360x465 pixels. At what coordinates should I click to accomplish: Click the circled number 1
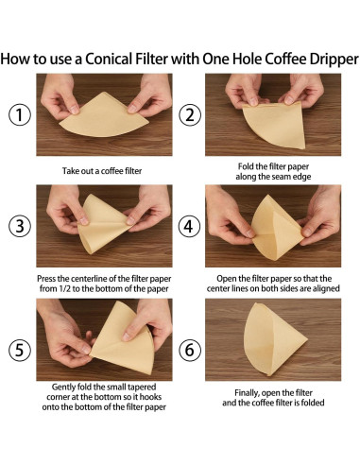tap(20, 114)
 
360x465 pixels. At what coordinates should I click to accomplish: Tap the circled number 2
tap(190, 114)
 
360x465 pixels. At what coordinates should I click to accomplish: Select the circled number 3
tap(20, 226)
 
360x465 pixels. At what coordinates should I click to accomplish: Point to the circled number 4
tap(190, 226)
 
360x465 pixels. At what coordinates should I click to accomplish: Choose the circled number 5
tap(20, 350)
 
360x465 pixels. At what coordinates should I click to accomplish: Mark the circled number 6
tap(190, 350)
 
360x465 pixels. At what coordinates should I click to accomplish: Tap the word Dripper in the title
tap(334, 60)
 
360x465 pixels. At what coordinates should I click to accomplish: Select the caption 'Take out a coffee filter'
tap(102, 171)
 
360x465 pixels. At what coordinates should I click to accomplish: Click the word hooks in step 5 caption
tap(150, 397)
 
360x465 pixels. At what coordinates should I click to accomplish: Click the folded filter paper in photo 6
tap(273, 338)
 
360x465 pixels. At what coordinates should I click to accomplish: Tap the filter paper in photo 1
tap(104, 115)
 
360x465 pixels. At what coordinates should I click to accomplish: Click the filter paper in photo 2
tap(275, 126)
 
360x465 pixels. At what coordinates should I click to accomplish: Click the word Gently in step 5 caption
tap(63, 387)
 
